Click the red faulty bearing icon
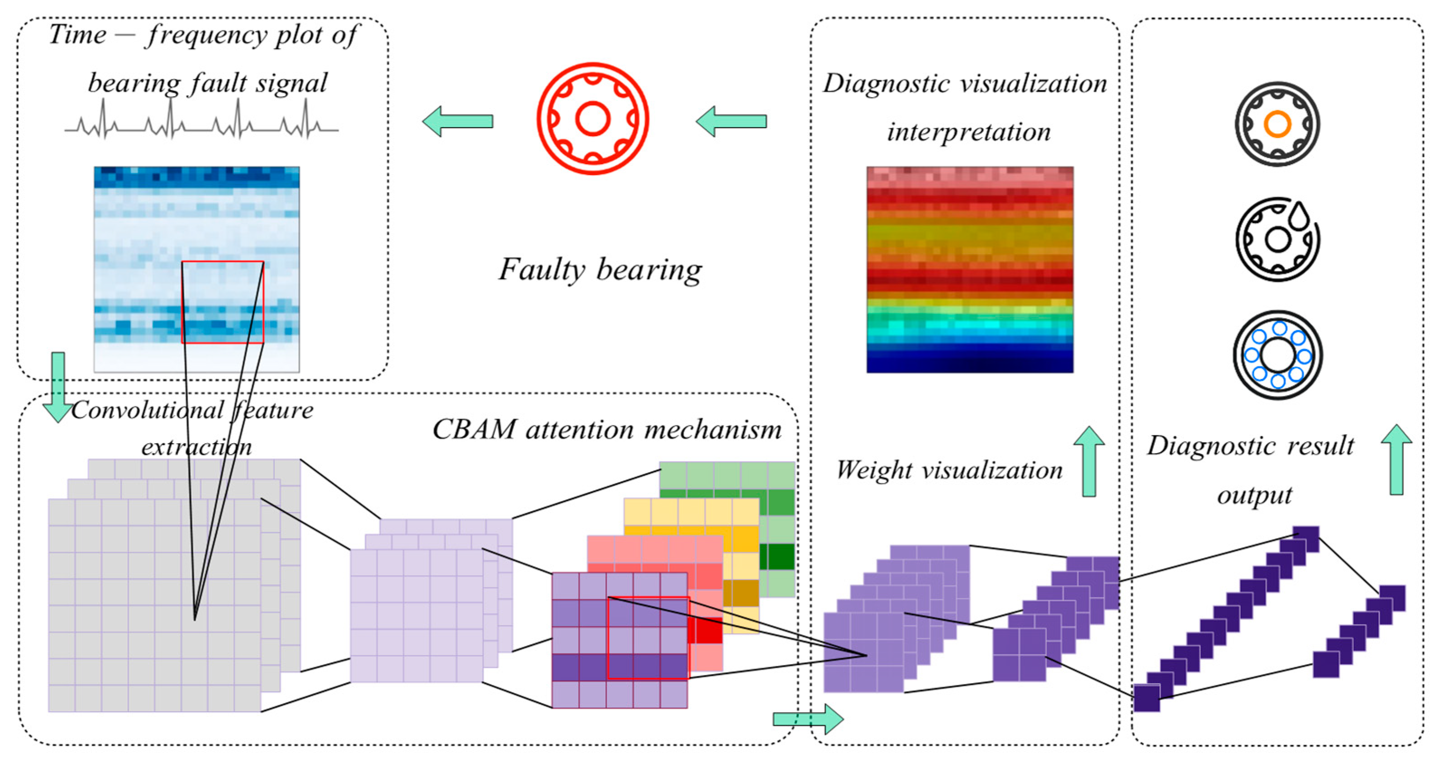pyautogui.click(x=593, y=118)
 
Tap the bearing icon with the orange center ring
pyautogui.click(x=1277, y=123)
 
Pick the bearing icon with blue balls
pyautogui.click(x=1277, y=355)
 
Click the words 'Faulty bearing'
pyautogui.click(x=600, y=270)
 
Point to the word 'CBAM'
pyautogui.click(x=474, y=430)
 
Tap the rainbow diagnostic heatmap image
pyautogui.click(x=970, y=269)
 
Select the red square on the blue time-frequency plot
pyautogui.click(x=222, y=302)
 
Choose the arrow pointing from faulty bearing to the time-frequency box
pyautogui.click(x=457, y=121)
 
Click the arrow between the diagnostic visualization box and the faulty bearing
pyautogui.click(x=731, y=121)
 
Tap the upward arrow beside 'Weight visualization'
pyautogui.click(x=1089, y=462)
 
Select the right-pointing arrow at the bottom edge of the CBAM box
pyautogui.click(x=808, y=719)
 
